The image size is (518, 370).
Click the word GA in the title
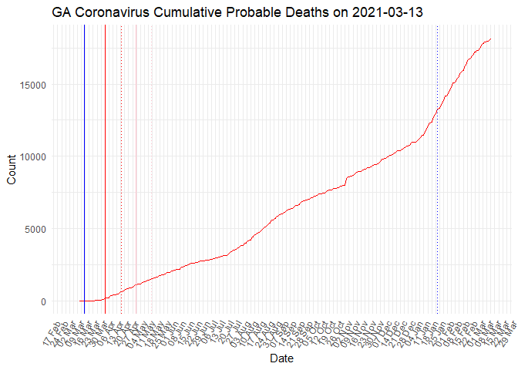pyautogui.click(x=62, y=12)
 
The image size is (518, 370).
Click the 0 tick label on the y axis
pyautogui.click(x=44, y=301)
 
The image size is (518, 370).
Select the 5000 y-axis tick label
pyautogui.click(x=35, y=229)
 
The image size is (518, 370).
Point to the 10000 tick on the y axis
pyautogui.click(x=32, y=156)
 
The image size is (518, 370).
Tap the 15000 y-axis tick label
pyautogui.click(x=32, y=84)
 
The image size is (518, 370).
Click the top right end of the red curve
pyautogui.click(x=491, y=39)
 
